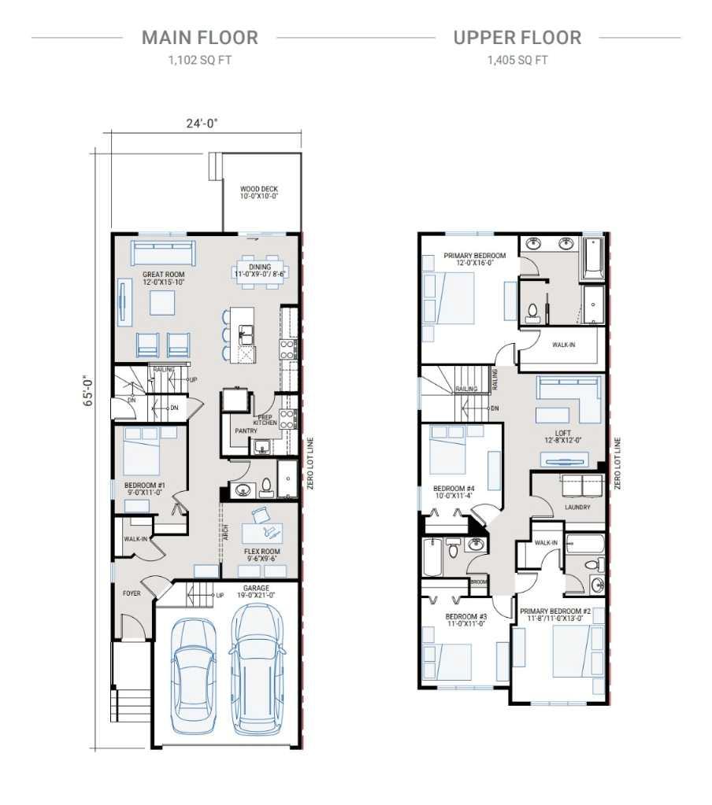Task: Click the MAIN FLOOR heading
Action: pyautogui.click(x=199, y=37)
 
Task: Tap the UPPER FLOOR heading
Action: pyautogui.click(x=517, y=37)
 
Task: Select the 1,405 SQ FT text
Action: pyautogui.click(x=517, y=60)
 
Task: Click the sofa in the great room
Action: pyautogui.click(x=163, y=253)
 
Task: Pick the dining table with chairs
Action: pyautogui.click(x=259, y=271)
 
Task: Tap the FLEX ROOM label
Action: pyautogui.click(x=262, y=552)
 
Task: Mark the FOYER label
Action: pyautogui.click(x=132, y=593)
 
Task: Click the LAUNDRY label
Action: pyautogui.click(x=577, y=508)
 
